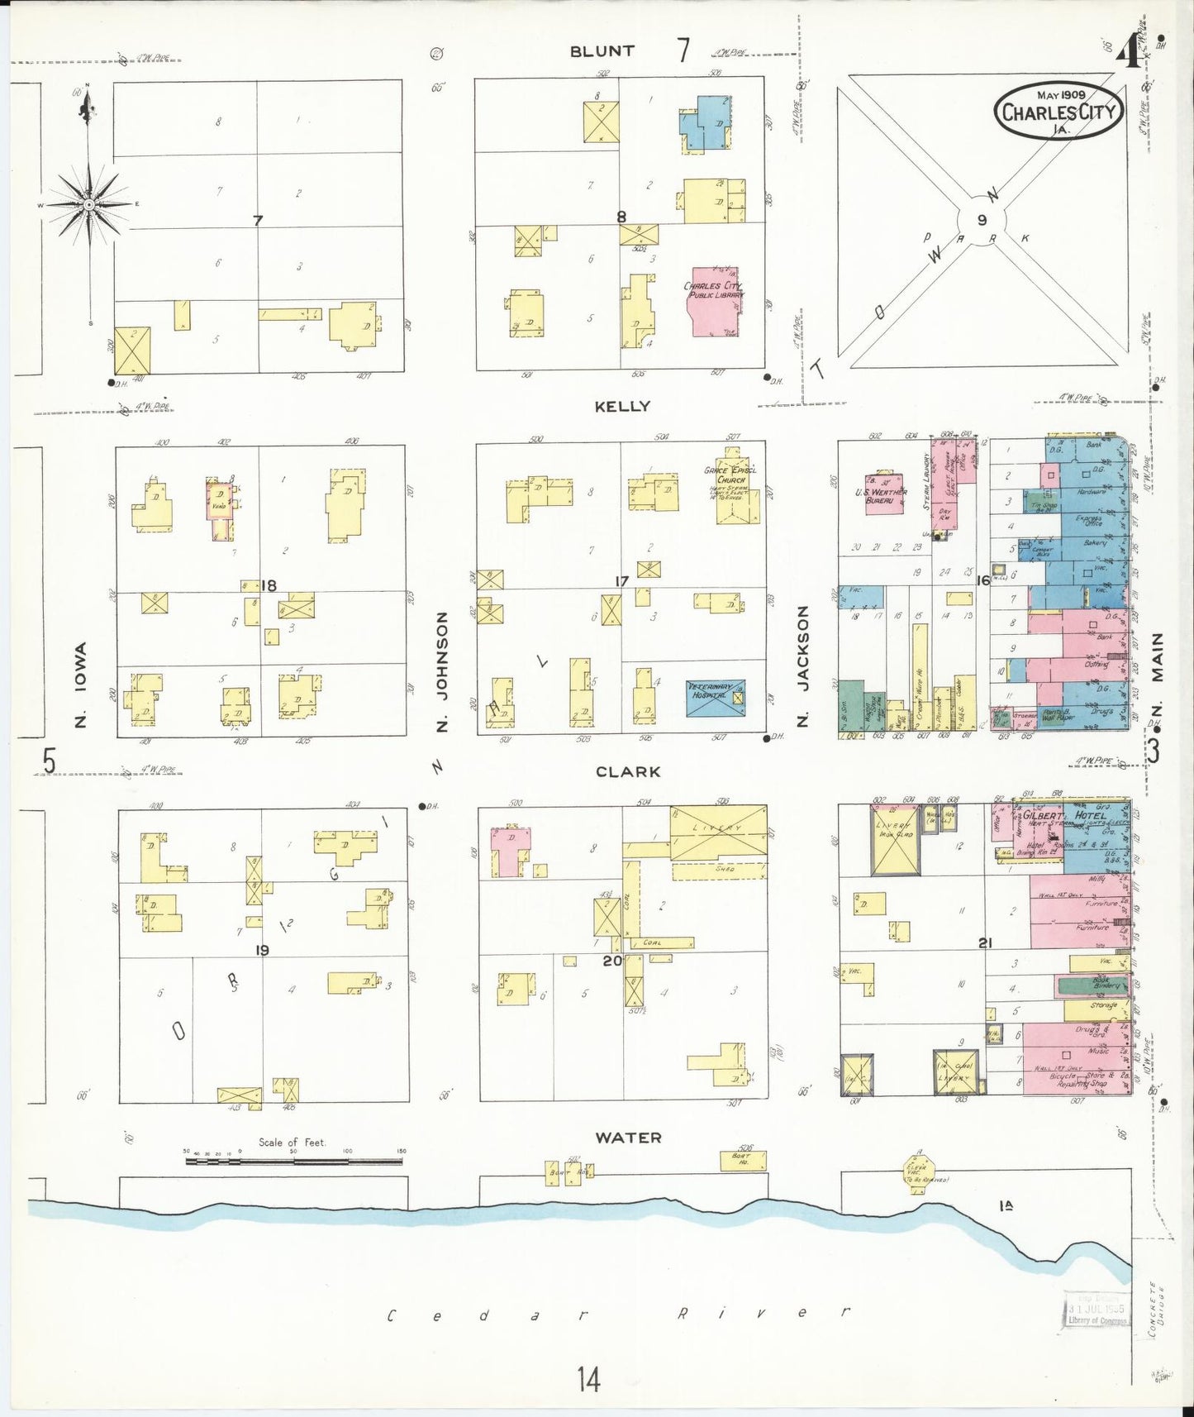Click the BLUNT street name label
click(x=602, y=51)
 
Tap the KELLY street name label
click(x=622, y=406)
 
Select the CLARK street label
click(x=628, y=771)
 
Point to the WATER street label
click(x=628, y=1138)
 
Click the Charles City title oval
click(x=1058, y=111)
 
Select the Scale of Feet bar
click(x=293, y=1161)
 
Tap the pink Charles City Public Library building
click(x=713, y=302)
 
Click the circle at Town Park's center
click(x=982, y=220)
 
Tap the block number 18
click(x=269, y=585)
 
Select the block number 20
click(x=611, y=961)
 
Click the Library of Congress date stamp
click(x=1095, y=1310)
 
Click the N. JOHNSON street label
click(x=441, y=671)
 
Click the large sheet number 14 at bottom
click(x=588, y=1379)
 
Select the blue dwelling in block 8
click(x=706, y=122)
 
